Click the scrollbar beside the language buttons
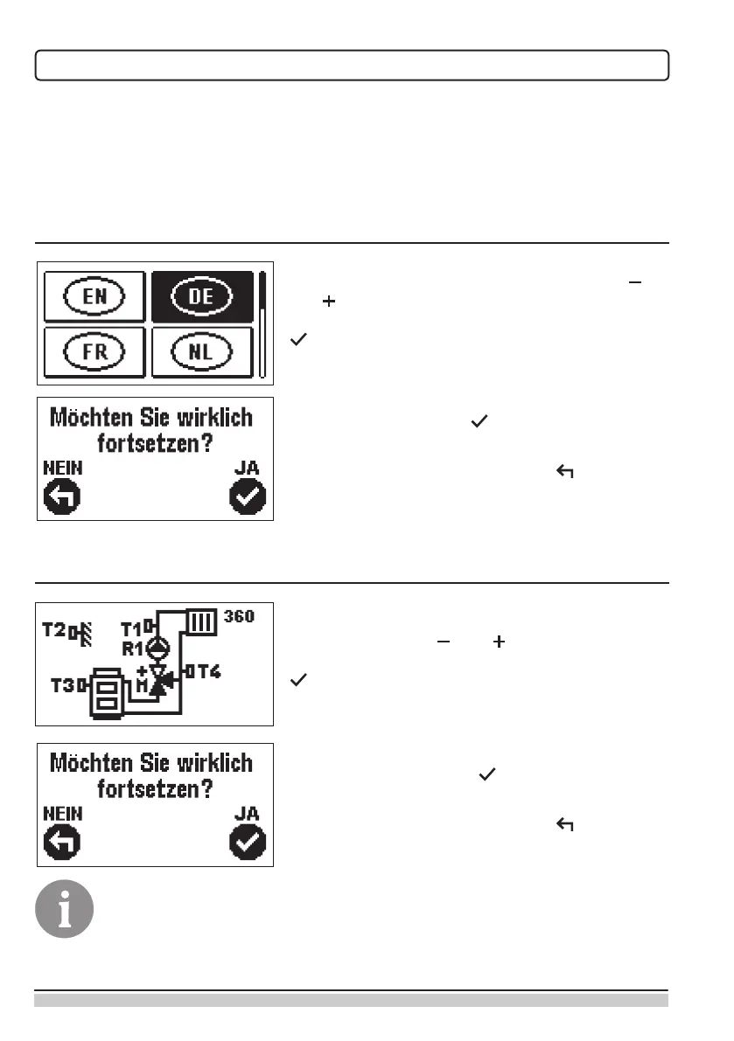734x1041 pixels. (x=262, y=323)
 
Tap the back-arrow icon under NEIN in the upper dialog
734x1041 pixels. (x=62, y=498)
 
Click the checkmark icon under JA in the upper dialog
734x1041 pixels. (x=248, y=498)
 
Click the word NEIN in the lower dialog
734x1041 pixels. (x=63, y=813)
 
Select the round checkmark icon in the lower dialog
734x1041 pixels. (x=248, y=843)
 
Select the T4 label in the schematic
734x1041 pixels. (x=205, y=671)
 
